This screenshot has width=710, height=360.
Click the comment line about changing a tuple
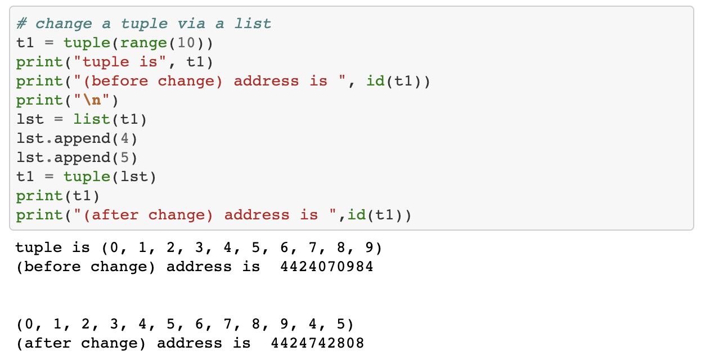pyautogui.click(x=143, y=24)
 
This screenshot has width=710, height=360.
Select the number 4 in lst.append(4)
pyautogui.click(x=125, y=138)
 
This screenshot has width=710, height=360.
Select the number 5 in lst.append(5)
pyautogui.click(x=125, y=157)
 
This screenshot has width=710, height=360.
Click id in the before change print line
pyautogui.click(x=375, y=81)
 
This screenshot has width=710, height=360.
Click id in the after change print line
pyautogui.click(x=357, y=215)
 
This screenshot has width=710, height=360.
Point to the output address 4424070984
pyautogui.click(x=326, y=267)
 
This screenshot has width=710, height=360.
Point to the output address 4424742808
pyautogui.click(x=317, y=343)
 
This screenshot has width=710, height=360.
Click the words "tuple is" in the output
pyautogui.click(x=52, y=247)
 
